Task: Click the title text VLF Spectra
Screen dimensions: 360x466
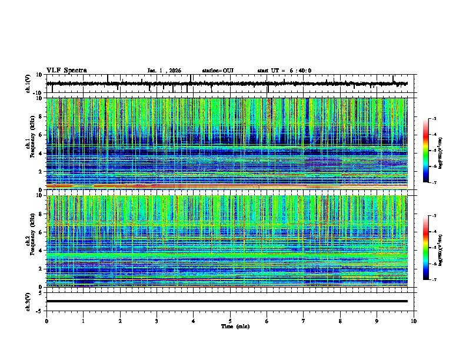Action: point(66,71)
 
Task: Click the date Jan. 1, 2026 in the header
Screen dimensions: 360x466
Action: point(164,71)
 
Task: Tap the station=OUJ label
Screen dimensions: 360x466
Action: point(218,71)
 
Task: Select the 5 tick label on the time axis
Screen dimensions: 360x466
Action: point(231,321)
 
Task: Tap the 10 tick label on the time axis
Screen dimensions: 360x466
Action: point(414,321)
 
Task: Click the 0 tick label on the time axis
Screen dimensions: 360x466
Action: point(46,321)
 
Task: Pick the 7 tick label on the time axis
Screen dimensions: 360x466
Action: point(304,321)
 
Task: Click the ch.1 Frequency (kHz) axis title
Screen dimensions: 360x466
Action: point(29,144)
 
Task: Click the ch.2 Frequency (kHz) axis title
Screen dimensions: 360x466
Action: point(29,241)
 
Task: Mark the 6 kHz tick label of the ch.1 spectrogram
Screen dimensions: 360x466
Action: point(42,135)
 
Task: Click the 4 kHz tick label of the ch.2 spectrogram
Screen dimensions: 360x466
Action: point(42,251)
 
